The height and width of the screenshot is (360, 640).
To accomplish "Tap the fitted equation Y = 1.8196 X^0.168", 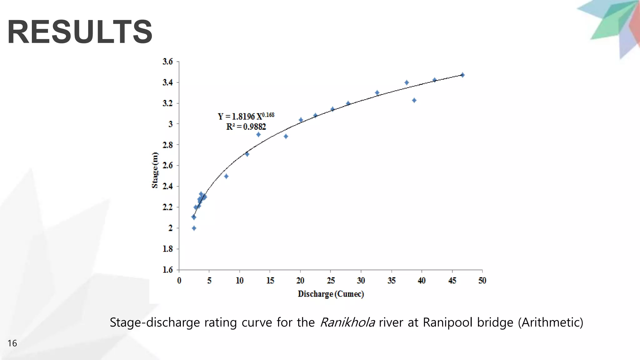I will point(246,116).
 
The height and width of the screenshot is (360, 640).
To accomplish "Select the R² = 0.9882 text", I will point(246,127).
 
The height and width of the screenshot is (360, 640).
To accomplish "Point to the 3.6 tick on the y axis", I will point(167,62).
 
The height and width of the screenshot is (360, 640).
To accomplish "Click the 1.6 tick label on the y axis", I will point(167,270).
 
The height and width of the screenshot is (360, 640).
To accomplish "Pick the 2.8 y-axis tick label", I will point(167,145).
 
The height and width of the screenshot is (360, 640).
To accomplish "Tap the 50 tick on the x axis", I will point(482,281).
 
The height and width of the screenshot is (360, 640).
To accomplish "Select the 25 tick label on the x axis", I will point(331,281).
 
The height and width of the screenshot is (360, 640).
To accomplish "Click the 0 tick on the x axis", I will point(179,281).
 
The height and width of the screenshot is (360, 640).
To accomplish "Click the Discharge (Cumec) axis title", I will point(331,294).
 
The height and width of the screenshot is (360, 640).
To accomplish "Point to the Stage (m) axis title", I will point(155,170).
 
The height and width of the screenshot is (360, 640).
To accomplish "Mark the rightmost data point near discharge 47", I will point(462,75).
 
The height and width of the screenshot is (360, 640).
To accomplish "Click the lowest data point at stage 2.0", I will point(194,228).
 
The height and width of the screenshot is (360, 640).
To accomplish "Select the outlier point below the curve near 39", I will point(414,100).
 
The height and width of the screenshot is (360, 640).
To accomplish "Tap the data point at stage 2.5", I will point(226,176).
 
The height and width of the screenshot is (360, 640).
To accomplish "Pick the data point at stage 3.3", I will point(377,93).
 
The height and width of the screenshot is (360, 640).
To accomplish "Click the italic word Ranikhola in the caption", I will point(347,322).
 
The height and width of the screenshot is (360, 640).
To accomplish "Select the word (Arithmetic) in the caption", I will point(550,322).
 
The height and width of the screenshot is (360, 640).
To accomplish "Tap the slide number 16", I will point(12,343).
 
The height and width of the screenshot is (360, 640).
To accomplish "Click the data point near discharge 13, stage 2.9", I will point(258,134).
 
